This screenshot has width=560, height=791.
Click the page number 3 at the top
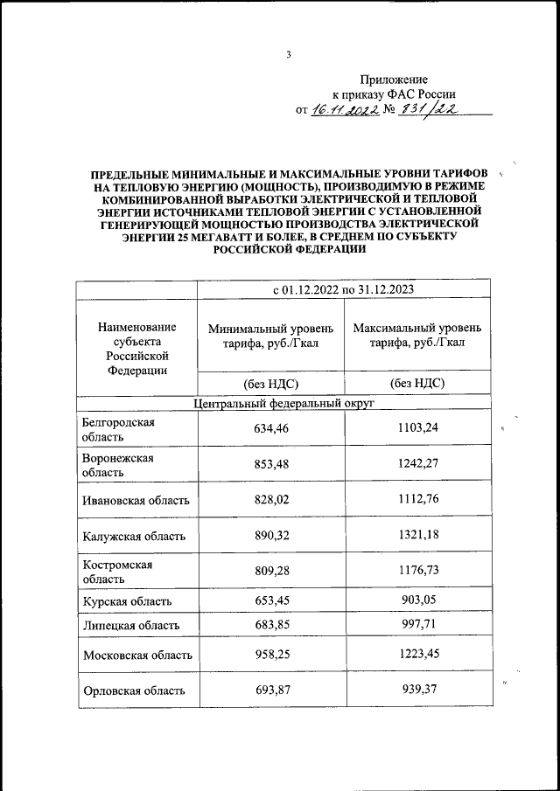[288, 56]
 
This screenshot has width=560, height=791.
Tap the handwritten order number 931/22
[430, 110]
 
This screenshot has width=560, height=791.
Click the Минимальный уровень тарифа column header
[270, 335]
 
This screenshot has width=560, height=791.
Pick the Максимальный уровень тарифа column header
[416, 335]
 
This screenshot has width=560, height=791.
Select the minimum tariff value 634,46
[270, 429]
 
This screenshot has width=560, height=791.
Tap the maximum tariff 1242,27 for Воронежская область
[416, 465]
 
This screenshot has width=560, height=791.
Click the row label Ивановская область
[136, 501]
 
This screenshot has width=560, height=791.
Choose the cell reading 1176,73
[416, 572]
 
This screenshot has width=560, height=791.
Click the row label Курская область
[126, 602]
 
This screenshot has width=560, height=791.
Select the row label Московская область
[136, 655]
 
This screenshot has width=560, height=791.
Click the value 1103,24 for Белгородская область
[416, 429]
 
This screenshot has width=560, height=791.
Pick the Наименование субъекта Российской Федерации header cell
[136, 348]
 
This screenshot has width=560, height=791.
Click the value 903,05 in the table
[416, 602]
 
